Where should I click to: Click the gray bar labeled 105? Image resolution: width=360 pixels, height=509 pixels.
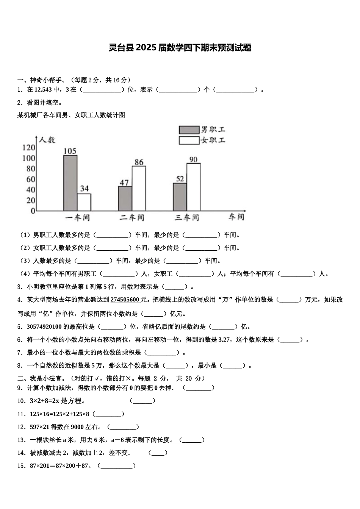tap(70, 183)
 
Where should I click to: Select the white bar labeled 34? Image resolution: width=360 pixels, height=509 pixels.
tap(84, 202)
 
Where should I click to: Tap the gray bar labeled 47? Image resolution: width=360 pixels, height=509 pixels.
tap(125, 198)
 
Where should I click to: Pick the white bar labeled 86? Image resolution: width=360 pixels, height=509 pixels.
tap(139, 188)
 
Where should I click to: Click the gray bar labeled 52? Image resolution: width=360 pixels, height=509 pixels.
tap(180, 197)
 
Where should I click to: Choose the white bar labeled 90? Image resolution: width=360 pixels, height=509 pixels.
tap(193, 187)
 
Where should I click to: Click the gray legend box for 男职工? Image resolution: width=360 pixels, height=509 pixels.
tap(189, 130)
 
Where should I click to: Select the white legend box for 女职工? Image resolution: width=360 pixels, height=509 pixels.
tap(189, 141)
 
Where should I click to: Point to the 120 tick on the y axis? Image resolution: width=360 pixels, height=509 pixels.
tap(28, 147)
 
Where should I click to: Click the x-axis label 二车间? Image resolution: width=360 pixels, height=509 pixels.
tap(132, 218)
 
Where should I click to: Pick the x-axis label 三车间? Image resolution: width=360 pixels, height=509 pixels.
tap(186, 218)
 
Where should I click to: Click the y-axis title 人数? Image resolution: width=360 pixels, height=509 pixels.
tap(47, 140)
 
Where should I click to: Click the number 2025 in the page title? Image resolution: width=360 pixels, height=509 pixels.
tap(146, 48)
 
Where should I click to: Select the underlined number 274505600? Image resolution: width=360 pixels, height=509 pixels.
tap(125, 300)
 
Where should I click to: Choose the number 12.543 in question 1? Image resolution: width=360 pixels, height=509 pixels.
tap(43, 90)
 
